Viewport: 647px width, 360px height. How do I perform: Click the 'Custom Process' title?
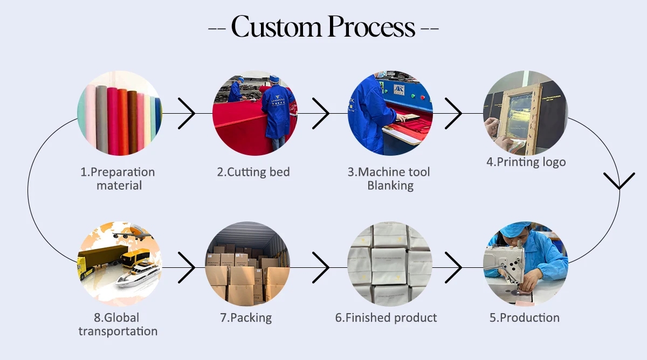(323, 26)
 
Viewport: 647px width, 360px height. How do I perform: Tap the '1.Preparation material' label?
(118, 179)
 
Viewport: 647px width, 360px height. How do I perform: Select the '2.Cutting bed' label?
(253, 172)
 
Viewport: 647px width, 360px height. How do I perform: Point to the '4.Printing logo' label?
(526, 162)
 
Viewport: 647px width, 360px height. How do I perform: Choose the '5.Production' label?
(525, 318)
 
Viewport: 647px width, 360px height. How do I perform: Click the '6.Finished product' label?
(386, 318)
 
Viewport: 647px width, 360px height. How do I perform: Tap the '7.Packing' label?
(246, 318)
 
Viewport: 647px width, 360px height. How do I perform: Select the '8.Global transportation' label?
(118, 324)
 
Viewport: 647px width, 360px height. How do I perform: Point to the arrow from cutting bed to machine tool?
(321, 114)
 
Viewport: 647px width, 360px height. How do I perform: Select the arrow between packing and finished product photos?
(321, 267)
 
